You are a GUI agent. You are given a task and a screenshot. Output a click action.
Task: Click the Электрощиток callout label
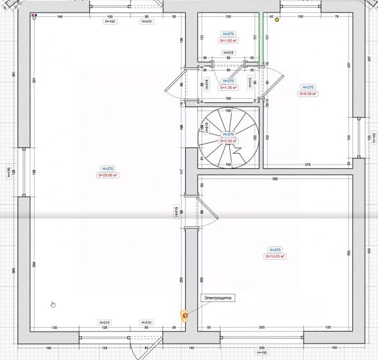[217, 298]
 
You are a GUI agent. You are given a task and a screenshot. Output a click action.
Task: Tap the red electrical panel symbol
[185, 315]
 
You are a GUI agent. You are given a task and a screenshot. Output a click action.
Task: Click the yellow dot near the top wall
[277, 20]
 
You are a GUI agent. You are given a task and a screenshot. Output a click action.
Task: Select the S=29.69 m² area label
[108, 176]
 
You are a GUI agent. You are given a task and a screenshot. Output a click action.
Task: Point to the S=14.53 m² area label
[275, 257]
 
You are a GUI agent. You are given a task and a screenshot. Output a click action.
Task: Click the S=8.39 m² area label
[307, 94]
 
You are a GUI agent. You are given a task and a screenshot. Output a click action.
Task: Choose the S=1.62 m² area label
[229, 40]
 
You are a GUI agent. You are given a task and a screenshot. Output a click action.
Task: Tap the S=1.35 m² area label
[229, 88]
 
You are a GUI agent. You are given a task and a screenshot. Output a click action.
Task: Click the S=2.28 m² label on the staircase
[229, 141]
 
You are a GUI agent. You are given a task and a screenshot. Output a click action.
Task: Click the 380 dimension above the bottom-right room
[275, 179]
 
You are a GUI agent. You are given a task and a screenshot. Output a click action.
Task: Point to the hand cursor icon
[53, 305]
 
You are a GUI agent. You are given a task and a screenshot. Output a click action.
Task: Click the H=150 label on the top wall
[109, 22]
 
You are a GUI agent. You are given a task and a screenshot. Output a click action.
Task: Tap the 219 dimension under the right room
[307, 165]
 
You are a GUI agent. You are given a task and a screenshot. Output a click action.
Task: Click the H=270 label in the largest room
[108, 168]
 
